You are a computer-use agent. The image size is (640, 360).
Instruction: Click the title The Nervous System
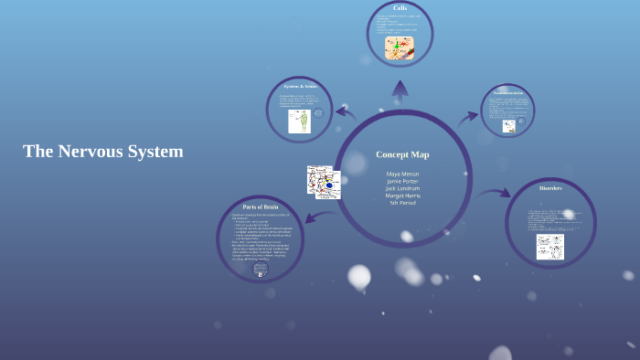[x=103, y=152]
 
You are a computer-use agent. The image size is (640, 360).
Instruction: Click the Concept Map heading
[x=402, y=154]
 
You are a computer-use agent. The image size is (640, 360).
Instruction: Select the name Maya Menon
[x=402, y=173]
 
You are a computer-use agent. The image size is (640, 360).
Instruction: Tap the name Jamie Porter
[x=402, y=181]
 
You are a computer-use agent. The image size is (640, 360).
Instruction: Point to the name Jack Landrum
[x=402, y=188]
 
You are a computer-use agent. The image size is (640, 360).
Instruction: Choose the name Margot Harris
[x=402, y=196]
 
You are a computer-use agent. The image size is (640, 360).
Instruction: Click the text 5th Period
[x=402, y=203]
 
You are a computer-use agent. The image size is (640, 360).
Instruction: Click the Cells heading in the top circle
[x=400, y=8]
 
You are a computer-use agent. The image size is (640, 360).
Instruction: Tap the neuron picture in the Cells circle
[x=400, y=48]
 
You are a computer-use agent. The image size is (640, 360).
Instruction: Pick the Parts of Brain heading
[x=260, y=207]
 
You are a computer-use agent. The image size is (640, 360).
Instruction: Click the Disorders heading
[x=550, y=188]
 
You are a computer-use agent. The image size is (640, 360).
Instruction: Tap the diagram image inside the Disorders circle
[x=549, y=246]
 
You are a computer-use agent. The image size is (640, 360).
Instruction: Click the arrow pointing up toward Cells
[x=400, y=90]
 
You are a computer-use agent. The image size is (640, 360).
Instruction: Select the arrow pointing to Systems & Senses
[x=346, y=112]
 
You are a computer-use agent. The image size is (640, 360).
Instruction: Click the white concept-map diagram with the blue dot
[x=324, y=182]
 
